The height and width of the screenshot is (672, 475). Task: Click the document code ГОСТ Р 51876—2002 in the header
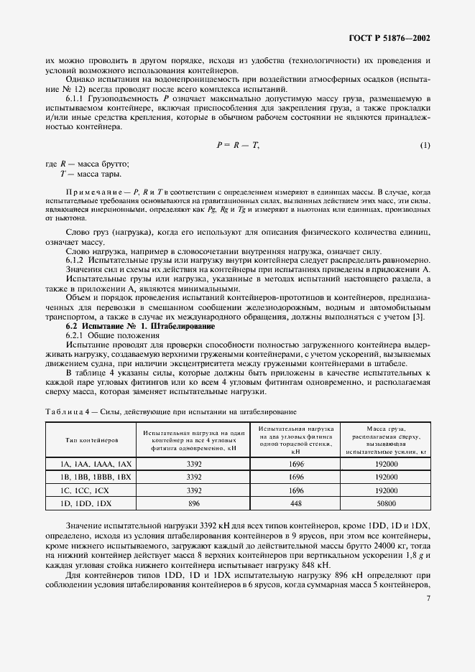pyautogui.click(x=389, y=37)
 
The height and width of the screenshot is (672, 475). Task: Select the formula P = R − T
pyautogui.click(x=237, y=145)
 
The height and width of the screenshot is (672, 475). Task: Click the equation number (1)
pyautogui.click(x=425, y=145)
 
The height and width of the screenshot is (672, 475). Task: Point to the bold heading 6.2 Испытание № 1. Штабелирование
pyautogui.click(x=136, y=325)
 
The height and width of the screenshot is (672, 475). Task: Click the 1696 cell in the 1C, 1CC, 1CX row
pyautogui.click(x=295, y=491)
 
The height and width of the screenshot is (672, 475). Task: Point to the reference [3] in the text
pyautogui.click(x=425, y=316)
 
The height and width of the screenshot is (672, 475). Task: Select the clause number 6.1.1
pyautogui.click(x=77, y=98)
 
